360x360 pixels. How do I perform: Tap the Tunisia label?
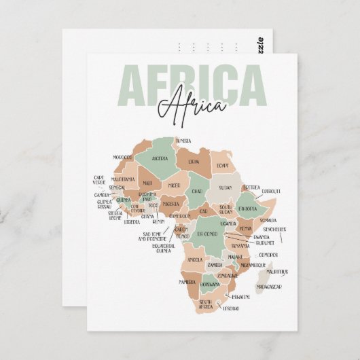coord(183,141)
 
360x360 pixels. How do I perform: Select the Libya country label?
coord(194,162)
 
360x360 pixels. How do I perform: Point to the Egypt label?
coord(223,165)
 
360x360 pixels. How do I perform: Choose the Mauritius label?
coord(276,271)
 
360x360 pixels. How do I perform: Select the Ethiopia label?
coord(247,209)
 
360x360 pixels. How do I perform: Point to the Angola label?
coord(196,259)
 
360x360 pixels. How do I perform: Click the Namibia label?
coord(187,281)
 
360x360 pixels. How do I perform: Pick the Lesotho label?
coord(232,308)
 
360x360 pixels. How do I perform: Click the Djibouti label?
coord(272,192)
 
